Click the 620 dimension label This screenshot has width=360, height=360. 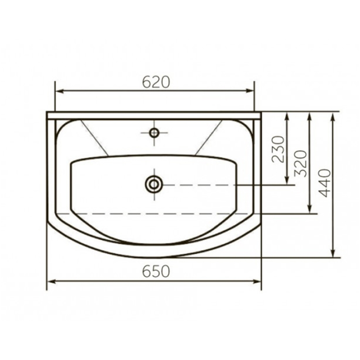[x=156, y=82]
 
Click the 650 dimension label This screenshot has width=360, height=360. [x=156, y=271]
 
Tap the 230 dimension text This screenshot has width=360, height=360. [x=278, y=149]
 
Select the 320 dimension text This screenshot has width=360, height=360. [x=301, y=163]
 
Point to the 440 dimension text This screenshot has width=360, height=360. [x=325, y=183]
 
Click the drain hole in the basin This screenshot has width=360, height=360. [x=154, y=184]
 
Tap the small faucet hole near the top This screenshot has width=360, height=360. [x=154, y=133]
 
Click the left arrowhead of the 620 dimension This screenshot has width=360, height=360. [x=60, y=91]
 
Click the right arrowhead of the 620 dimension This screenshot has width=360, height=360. [x=250, y=91]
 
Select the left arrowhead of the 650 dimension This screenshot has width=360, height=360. [x=51, y=282]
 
